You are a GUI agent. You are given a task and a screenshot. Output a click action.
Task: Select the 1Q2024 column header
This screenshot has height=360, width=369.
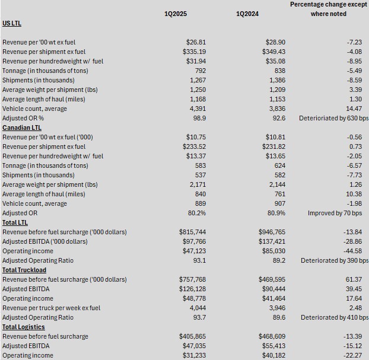(x=247, y=14)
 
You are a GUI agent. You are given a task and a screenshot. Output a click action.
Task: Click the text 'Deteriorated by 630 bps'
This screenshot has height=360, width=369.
(x=335, y=118)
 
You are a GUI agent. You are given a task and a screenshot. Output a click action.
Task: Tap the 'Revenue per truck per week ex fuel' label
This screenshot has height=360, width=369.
(x=52, y=308)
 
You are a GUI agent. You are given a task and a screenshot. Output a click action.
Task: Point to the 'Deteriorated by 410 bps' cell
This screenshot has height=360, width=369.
(x=335, y=317)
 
